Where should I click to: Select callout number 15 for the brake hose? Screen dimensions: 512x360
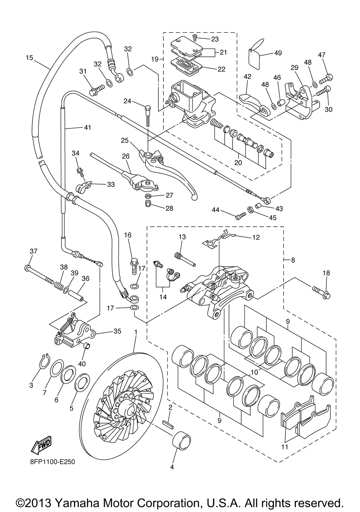pyautogui.click(x=30, y=57)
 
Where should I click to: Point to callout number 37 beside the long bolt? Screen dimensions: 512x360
pyautogui.click(x=33, y=251)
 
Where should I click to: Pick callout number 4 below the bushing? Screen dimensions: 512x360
pyautogui.click(x=172, y=467)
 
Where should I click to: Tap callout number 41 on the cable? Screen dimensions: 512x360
pyautogui.click(x=87, y=127)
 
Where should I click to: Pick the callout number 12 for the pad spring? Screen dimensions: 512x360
pyautogui.click(x=256, y=237)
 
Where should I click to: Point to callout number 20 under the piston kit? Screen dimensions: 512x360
pyautogui.click(x=238, y=162)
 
